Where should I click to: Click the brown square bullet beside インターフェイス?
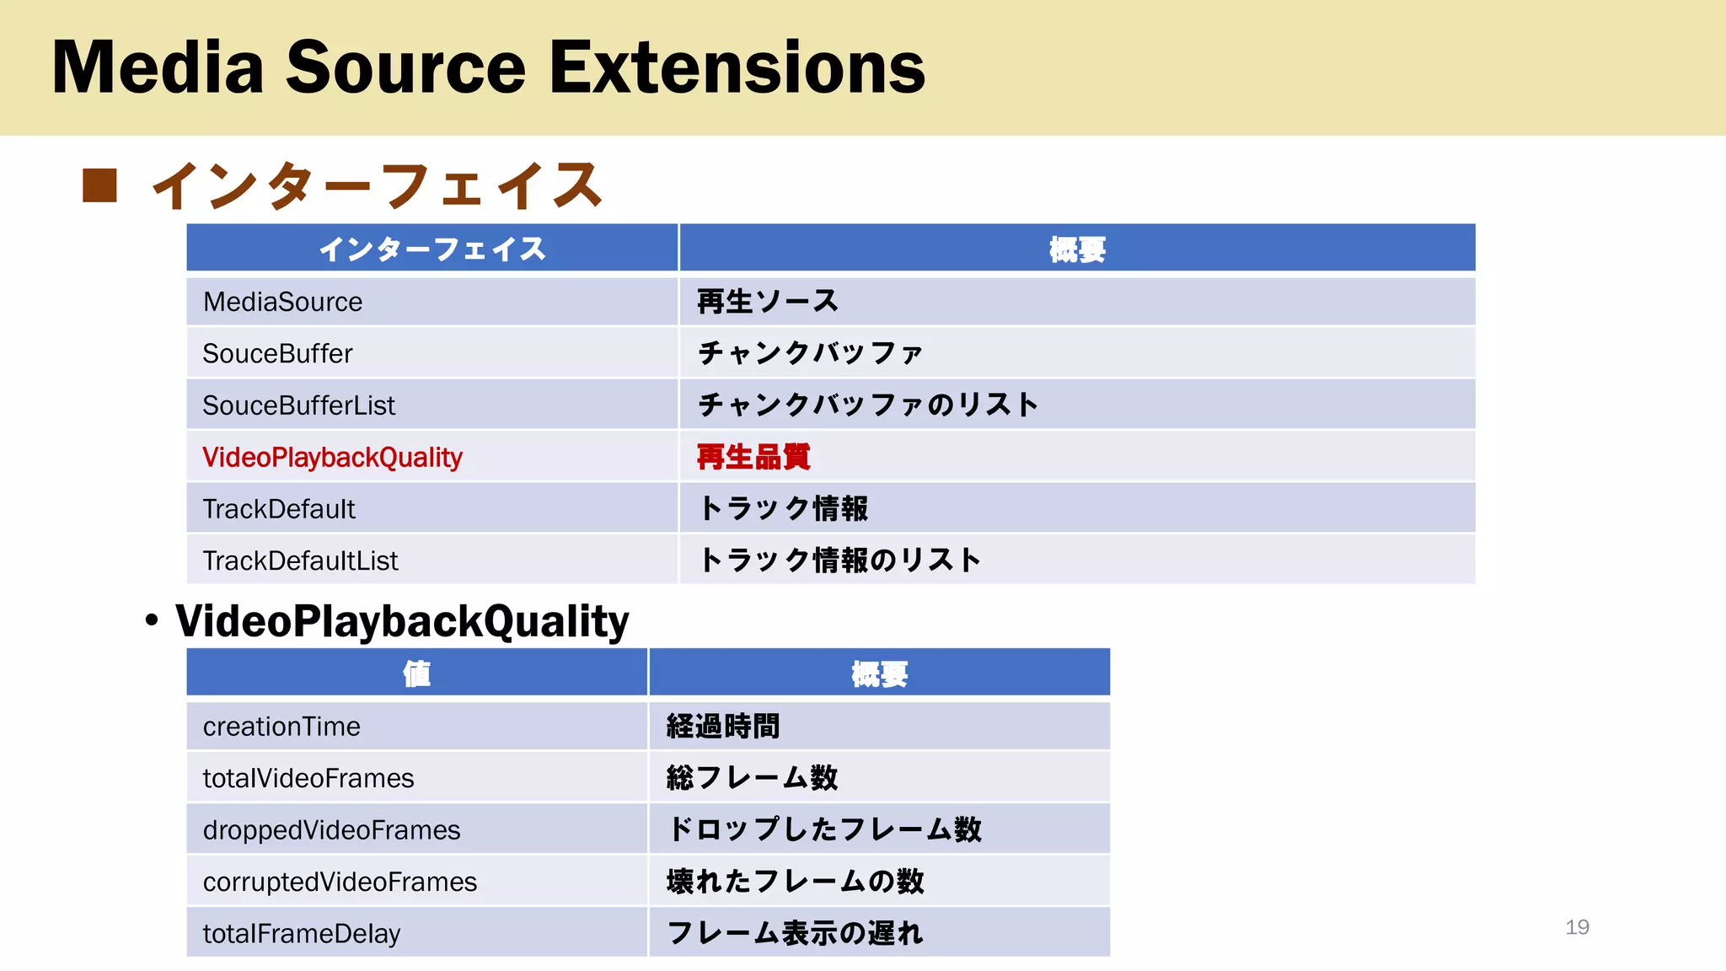click(99, 185)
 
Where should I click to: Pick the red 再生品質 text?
click(753, 458)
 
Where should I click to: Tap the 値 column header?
click(416, 673)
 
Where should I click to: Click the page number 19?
click(1577, 927)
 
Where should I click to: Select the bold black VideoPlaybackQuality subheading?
click(402, 622)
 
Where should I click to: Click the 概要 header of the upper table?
click(1077, 249)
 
